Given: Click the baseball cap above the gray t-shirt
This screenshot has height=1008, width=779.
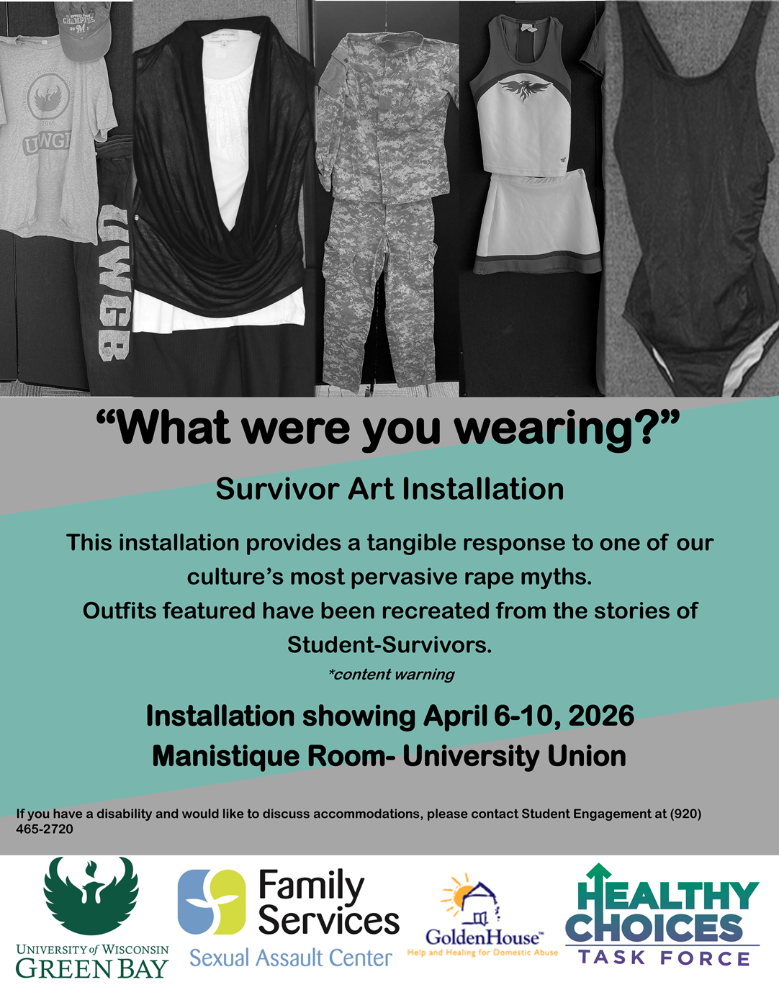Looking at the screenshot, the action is pos(83,30).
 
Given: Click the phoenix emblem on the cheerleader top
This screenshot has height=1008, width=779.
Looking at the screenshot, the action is pos(525,90).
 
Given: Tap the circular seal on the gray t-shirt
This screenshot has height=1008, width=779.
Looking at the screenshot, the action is pos(49,97).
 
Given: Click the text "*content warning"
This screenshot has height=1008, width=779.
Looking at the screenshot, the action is pos(392,674).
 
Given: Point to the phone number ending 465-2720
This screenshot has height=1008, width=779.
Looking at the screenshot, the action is pos(45,829).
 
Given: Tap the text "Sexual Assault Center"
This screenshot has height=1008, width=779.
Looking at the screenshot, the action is pos(291,958).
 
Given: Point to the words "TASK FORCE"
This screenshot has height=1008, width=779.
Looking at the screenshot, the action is pos(664,958).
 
